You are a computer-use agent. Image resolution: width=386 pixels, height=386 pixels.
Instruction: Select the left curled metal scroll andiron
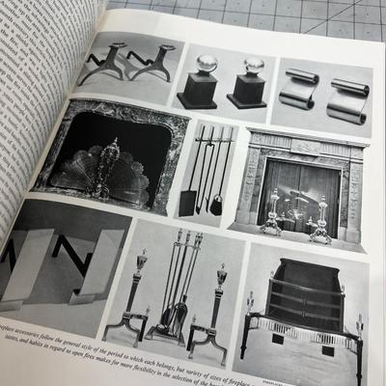(x=298, y=87)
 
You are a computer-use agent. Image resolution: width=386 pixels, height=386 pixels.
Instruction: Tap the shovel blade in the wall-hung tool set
(x=187, y=202)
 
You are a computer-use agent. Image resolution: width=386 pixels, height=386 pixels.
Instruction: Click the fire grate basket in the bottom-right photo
(x=300, y=309)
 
